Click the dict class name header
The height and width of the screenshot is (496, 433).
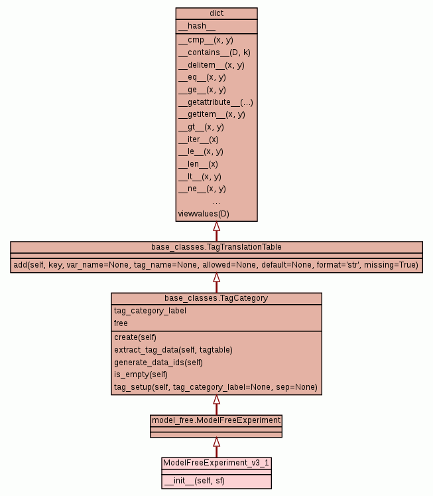coord(216,13)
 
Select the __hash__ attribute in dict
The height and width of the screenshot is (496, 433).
coord(196,26)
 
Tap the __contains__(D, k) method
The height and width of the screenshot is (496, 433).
coord(214,52)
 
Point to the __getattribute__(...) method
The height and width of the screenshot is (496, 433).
coord(216,102)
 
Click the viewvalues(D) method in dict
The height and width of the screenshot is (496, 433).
coord(204,214)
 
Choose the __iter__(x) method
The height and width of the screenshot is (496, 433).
coord(198,139)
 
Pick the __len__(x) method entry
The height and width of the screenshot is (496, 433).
coord(198,164)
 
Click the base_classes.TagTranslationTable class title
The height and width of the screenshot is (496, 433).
coord(216,247)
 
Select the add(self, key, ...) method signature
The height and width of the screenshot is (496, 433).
coord(216,265)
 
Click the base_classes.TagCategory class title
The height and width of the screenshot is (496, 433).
coord(216,298)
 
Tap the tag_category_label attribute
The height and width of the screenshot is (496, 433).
coord(150,311)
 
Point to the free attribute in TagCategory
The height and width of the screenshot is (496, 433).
coord(121,323)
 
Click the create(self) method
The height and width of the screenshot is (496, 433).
coord(135,337)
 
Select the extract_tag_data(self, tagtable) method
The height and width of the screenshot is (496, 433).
coord(173,349)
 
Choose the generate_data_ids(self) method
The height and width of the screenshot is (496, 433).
coord(158,362)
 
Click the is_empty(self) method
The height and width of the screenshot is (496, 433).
coord(141,374)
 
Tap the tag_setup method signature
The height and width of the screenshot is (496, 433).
coord(216,387)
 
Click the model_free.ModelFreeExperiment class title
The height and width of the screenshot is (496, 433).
coord(216,420)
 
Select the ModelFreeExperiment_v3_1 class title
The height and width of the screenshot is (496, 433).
coord(216,462)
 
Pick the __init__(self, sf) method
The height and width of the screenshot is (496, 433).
coord(194,480)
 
